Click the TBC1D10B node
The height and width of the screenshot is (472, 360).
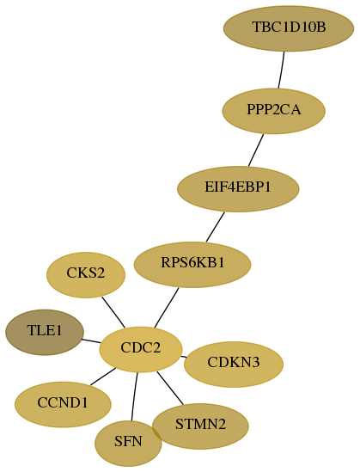289,28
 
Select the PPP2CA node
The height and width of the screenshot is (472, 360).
274,111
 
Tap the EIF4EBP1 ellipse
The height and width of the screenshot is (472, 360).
238,189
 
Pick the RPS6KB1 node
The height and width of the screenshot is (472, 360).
192,265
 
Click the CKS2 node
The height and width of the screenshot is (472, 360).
86,275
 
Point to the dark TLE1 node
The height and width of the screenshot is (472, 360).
45,333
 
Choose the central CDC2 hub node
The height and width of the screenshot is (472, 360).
141,349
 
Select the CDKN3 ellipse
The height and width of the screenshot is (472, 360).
234,365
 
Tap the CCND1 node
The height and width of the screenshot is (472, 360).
63,405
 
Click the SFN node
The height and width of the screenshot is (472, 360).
128,444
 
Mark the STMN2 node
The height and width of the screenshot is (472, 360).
200,426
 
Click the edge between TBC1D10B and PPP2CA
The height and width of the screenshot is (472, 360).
282,70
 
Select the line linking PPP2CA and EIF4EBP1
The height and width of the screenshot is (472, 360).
256,150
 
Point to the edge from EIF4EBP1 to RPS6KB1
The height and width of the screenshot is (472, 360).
216,227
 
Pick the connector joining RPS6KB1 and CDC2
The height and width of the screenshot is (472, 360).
167,307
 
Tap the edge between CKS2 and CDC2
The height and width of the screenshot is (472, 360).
113,312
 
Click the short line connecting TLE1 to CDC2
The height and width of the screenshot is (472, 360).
91,341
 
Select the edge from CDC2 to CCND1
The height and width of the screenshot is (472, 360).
103,377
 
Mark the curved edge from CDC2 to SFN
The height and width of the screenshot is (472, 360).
134,396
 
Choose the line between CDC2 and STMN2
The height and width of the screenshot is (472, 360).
170,389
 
